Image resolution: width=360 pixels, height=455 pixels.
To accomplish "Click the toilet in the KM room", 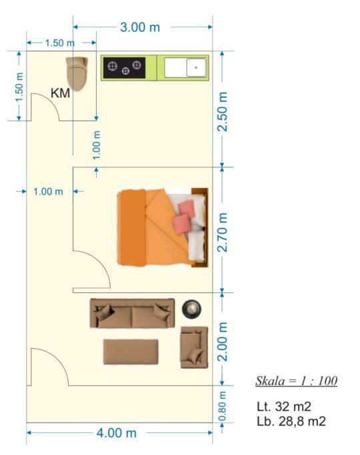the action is point(77,74).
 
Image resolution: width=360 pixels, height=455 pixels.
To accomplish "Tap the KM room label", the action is point(60,93).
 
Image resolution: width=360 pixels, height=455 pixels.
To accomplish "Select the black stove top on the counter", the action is point(124,67).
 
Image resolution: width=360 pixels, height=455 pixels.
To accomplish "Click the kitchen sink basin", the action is point(196,67).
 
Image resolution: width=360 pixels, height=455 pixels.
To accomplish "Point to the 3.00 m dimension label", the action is point(140,27).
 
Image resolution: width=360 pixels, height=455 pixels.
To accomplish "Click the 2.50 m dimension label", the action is point(223,112).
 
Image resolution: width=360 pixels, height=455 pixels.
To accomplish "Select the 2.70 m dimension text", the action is point(223,232).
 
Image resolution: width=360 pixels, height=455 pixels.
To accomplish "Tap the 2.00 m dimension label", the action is point(223,341).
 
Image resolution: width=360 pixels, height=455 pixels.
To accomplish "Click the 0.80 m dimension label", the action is point(222,406).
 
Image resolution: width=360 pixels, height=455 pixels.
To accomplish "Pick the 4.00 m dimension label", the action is point(117,433).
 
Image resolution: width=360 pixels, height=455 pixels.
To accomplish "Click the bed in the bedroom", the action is point(163,228).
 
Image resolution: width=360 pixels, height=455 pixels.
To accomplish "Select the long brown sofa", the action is point(133,313).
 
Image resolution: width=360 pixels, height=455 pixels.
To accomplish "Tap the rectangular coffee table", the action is point(131,352).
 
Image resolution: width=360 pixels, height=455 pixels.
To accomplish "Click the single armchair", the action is point(194,347).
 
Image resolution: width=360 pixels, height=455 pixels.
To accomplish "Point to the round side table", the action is point(191,309).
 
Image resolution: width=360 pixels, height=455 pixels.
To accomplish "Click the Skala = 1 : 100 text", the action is point(297,380).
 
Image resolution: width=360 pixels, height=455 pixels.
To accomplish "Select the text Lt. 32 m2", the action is point(284,406).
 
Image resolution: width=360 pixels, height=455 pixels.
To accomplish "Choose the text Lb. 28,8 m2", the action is point(291,421).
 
